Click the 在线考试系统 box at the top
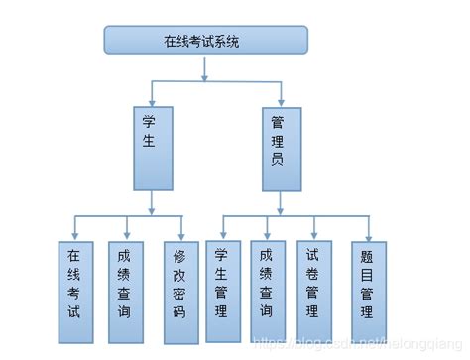pyautogui.click(x=206, y=40)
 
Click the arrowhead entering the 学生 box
pyautogui.click(x=152, y=102)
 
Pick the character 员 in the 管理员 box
pyautogui.click(x=280, y=159)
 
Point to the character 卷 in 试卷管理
pyautogui.click(x=313, y=272)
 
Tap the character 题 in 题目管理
pyautogui.click(x=368, y=253)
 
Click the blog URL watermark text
pyautogui.click(x=357, y=342)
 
